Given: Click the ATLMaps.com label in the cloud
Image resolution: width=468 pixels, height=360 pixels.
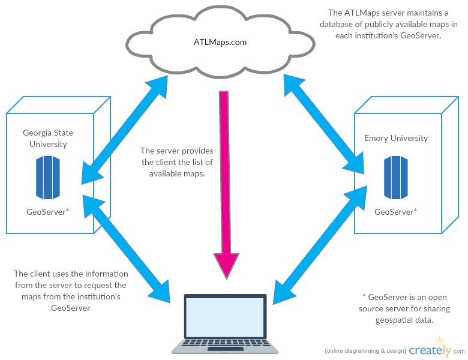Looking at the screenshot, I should pos(220,43).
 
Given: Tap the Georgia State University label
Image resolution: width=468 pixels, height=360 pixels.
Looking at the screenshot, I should pos(48,139).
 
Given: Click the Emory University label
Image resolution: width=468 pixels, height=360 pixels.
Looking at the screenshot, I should pos(396,139).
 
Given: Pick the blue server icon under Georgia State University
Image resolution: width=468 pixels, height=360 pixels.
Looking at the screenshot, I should pos(48,177).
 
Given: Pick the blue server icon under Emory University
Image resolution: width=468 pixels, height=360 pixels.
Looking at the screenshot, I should pos(396,177).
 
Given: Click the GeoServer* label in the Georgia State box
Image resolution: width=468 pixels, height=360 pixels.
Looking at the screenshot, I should pos(48,212).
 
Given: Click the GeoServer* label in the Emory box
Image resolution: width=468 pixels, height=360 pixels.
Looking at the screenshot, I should pos(396,212).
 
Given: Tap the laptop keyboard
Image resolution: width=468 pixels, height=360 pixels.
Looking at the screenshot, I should pos(225,344).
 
